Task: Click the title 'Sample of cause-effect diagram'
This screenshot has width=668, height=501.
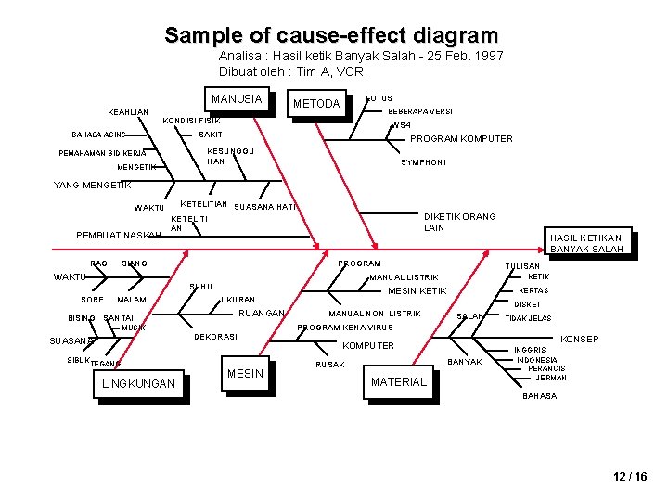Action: [x=331, y=36]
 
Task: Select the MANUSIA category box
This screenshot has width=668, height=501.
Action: [x=237, y=100]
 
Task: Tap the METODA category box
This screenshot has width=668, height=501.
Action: [x=316, y=104]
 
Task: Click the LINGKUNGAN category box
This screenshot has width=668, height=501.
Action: [x=139, y=383]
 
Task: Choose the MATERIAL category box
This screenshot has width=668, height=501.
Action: [x=399, y=381]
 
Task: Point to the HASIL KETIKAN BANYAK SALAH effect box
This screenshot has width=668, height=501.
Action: [x=586, y=243]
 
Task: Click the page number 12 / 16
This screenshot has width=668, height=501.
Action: [x=630, y=477]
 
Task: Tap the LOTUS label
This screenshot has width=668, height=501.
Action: [x=380, y=98]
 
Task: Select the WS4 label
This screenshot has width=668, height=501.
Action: [x=401, y=125]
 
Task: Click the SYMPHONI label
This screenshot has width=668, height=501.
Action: [x=423, y=162]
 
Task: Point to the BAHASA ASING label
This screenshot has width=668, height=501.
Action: [x=98, y=135]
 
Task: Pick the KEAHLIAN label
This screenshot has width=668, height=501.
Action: [x=128, y=112]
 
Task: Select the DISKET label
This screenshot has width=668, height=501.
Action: [x=528, y=304]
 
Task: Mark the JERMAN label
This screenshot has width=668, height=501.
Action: [x=551, y=378]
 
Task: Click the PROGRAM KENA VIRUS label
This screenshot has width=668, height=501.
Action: [x=345, y=328]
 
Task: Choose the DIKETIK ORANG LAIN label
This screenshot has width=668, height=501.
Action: [x=459, y=222]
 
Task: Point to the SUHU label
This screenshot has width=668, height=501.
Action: [x=201, y=287]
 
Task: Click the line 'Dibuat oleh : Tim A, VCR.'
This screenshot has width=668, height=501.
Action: [x=293, y=71]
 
